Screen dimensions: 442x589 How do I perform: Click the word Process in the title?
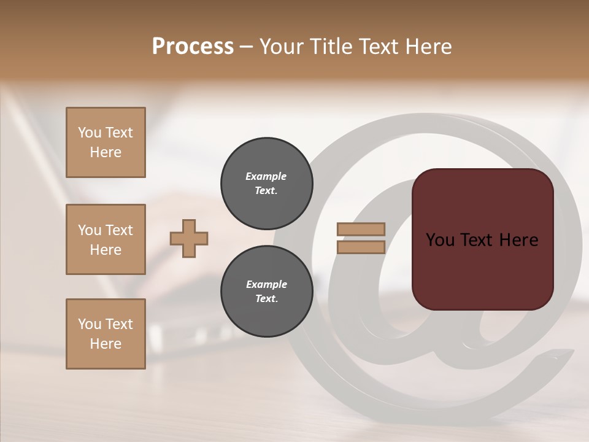tap(193, 47)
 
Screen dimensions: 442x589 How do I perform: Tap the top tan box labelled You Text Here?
tap(106, 142)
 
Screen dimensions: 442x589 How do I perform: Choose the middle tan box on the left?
tap(106, 239)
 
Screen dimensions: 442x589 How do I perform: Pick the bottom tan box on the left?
tap(106, 334)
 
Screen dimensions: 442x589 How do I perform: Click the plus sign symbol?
tap(189, 238)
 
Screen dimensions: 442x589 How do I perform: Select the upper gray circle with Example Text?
tap(266, 184)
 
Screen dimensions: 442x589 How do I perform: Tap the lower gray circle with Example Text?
tap(266, 292)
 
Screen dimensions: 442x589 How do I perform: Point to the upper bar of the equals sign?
tap(361, 230)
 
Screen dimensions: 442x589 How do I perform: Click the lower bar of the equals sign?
tap(361, 247)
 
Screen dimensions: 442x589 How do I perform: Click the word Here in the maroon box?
tap(518, 240)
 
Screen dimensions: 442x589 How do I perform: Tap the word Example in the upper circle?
tap(266, 177)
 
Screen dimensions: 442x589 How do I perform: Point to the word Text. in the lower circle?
tap(266, 299)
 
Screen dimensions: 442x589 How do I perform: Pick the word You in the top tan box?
tap(90, 133)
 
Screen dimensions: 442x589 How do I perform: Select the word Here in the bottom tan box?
tap(106, 344)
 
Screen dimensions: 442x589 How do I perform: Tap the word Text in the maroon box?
tap(478, 240)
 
